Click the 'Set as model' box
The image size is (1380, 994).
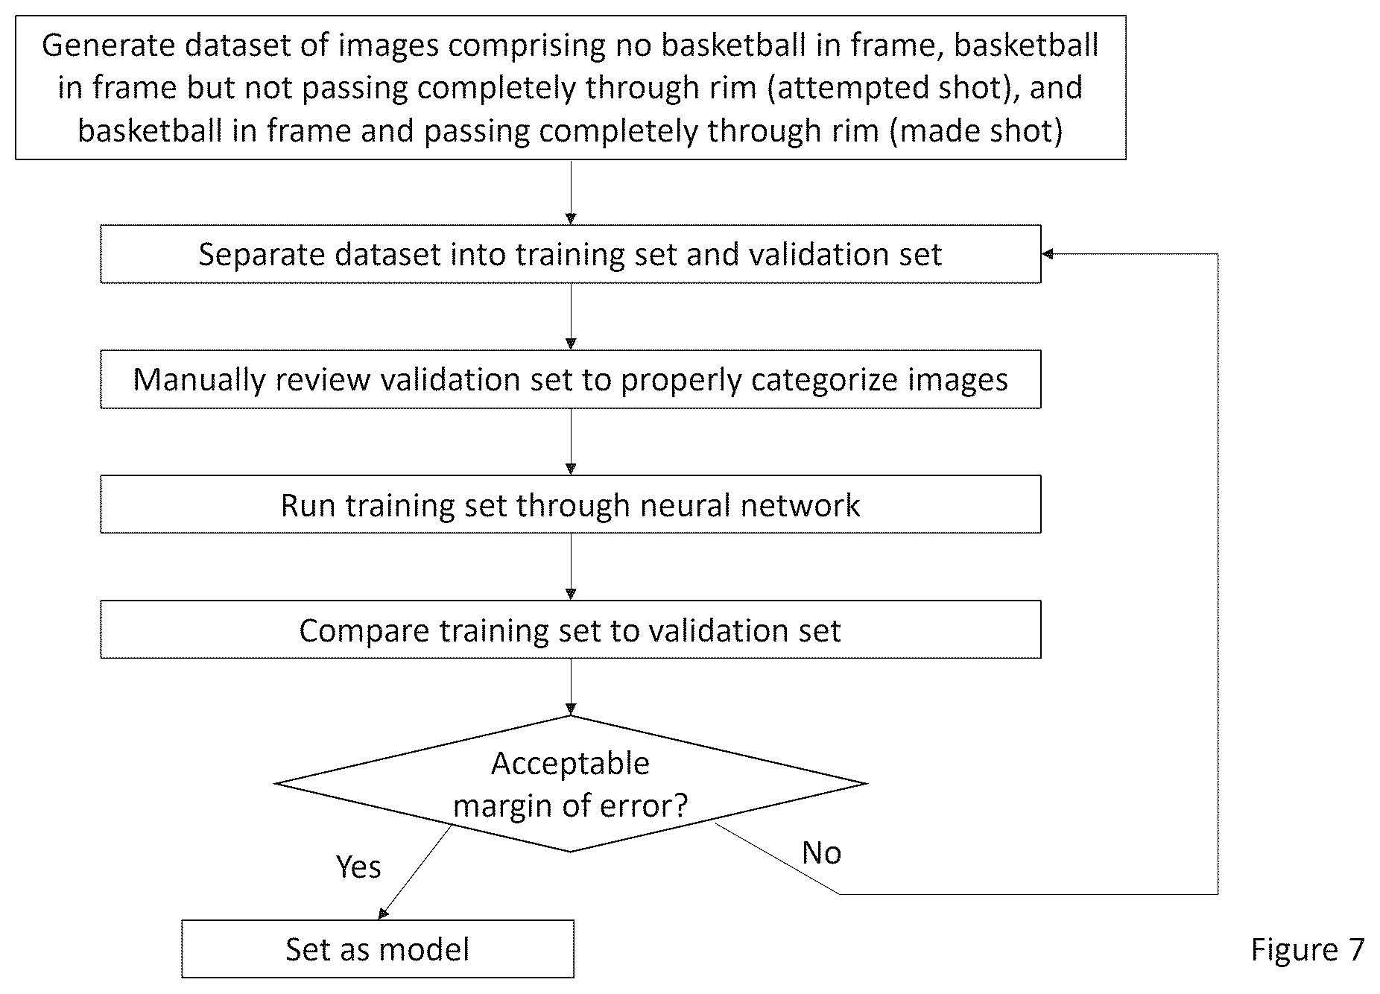point(378,949)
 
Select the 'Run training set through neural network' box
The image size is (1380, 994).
point(571,504)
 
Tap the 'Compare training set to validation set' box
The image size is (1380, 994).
point(571,630)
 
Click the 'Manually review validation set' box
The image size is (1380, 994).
point(571,379)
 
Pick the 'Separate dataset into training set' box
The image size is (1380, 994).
point(571,254)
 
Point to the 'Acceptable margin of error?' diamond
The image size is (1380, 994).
point(571,783)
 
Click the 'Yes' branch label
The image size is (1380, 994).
point(358,867)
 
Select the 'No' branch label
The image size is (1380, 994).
point(821,852)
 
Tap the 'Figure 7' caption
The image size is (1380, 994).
point(1307,949)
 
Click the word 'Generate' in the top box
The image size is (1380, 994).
point(109,45)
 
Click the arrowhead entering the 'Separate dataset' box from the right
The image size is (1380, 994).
point(1048,254)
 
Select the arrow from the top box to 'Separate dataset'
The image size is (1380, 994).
point(571,192)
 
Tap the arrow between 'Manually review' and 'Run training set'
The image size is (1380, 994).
point(571,442)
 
